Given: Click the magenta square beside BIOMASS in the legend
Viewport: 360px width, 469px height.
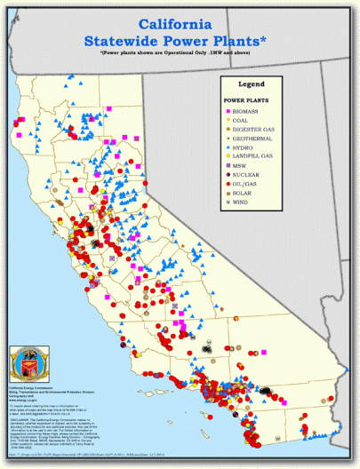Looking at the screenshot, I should pyautogui.click(x=232, y=112).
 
